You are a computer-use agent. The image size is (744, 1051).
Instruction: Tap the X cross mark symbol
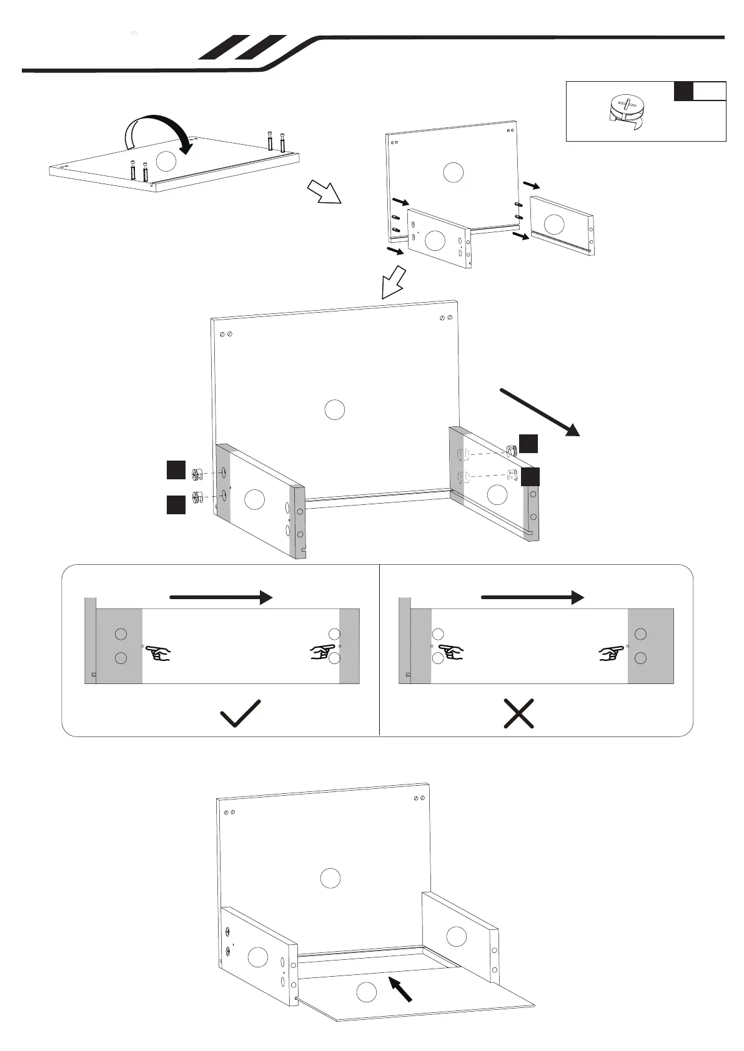pyautogui.click(x=518, y=713)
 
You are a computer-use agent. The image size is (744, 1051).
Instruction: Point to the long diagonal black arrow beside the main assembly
pyautogui.click(x=540, y=412)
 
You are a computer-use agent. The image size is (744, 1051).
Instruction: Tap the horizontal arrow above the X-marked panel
pyautogui.click(x=532, y=597)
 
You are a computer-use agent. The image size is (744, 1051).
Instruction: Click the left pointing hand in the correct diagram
pyautogui.click(x=160, y=654)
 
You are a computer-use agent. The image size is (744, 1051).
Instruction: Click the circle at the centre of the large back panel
pyautogui.click(x=335, y=409)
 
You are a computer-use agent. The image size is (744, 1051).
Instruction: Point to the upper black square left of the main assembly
pyautogui.click(x=176, y=470)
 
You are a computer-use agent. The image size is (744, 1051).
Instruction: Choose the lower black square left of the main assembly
pyautogui.click(x=176, y=504)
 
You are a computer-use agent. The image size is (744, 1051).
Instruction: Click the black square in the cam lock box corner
pyautogui.click(x=683, y=91)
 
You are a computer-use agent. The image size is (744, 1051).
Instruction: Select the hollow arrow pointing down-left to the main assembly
pyautogui.click(x=393, y=283)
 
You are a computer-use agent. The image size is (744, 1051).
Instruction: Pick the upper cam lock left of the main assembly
pyautogui.click(x=198, y=475)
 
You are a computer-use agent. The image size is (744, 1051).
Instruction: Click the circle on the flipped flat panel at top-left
pyautogui.click(x=166, y=161)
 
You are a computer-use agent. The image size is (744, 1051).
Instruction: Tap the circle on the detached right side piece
pyautogui.click(x=554, y=225)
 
